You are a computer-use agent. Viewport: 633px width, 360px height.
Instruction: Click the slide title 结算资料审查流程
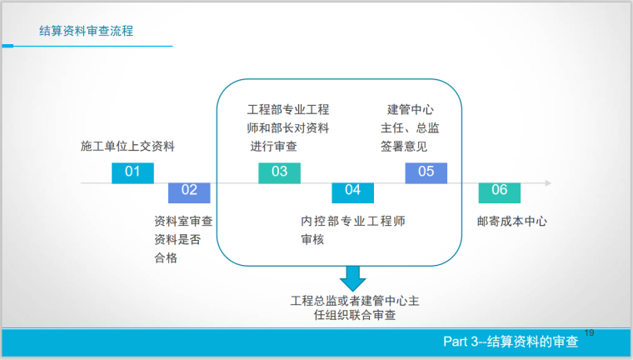87,32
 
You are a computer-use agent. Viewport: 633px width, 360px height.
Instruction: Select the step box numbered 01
132,172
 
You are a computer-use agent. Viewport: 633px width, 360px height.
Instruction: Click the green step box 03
279,172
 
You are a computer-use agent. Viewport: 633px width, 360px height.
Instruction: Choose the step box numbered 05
426,172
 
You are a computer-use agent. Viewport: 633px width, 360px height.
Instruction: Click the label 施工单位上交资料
127,147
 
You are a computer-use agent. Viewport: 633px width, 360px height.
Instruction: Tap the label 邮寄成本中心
511,222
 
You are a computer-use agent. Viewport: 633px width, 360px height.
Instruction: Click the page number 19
590,333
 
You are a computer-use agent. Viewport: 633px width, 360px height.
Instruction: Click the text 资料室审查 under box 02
183,222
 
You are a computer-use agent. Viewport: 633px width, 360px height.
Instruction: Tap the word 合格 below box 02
166,257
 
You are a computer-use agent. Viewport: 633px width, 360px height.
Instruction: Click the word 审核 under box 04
312,240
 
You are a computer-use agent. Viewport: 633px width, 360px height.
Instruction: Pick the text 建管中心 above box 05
411,110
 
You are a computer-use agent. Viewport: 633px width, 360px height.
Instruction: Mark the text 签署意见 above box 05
404,147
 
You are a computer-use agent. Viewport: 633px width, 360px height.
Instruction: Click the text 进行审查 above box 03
274,147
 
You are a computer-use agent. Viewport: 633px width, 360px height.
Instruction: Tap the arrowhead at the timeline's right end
547,182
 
